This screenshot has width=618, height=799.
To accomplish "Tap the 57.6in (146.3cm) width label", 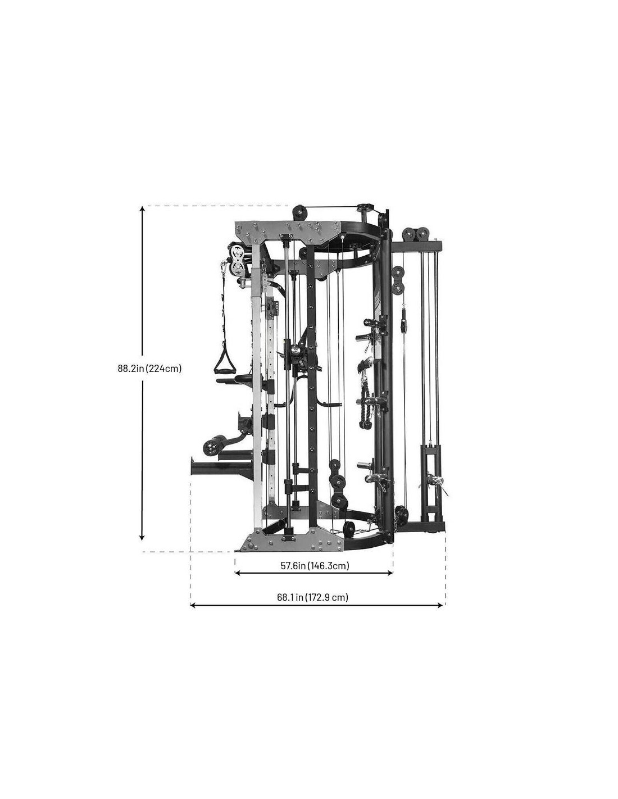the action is click(x=315, y=565).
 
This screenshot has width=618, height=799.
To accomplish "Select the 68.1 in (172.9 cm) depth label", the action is click(x=312, y=597).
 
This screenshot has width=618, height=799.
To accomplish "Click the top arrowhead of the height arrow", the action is click(x=142, y=209).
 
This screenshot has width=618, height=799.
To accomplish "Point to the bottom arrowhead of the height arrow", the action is click(x=142, y=537).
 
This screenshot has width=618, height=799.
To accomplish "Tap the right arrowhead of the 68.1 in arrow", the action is click(x=440, y=605).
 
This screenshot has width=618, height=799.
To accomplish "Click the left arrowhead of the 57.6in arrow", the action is click(x=239, y=573).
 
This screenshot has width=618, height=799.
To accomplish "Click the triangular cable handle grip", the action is click(x=222, y=362).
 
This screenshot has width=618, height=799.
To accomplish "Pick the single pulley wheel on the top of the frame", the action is click(x=298, y=212).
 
